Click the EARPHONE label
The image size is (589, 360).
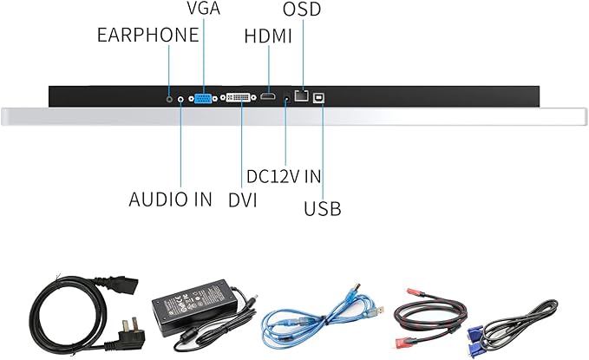147,36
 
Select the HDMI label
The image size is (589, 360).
268,37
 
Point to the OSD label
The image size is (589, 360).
301,10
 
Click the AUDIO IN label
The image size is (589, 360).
170,199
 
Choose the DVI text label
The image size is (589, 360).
243,199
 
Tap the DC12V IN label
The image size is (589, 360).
284,175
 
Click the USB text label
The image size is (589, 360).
322,208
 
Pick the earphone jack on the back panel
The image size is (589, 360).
168,99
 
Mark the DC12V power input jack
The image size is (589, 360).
285,98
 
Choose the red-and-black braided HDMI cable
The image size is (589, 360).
430,317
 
